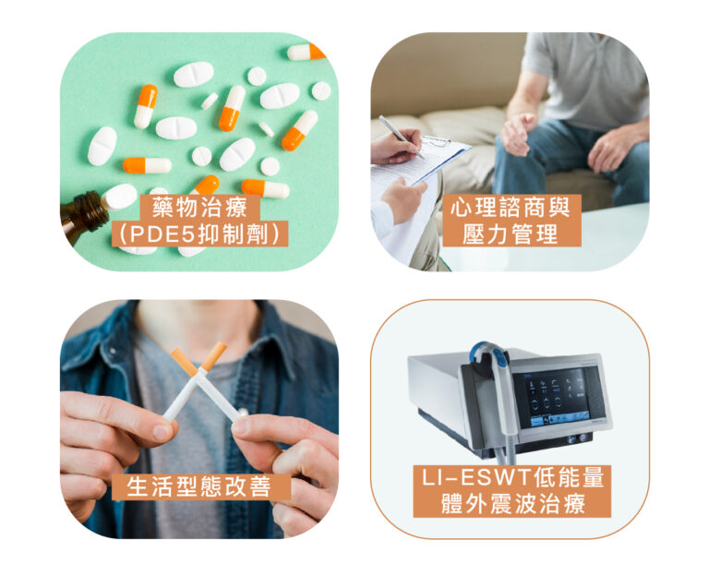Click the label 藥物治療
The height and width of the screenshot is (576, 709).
[199, 208]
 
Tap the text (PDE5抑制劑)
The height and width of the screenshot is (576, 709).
[199, 234]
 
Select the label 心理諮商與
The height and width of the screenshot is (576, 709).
[511, 208]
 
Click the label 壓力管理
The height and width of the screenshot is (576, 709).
[511, 234]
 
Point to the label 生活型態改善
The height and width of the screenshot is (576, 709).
[199, 487]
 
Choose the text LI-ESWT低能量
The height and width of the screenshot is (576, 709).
[512, 477]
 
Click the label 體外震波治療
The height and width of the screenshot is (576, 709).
[512, 504]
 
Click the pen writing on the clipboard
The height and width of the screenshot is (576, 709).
[401, 137]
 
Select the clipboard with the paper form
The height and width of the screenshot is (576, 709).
[421, 162]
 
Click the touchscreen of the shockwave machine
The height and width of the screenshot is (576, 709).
[559, 398]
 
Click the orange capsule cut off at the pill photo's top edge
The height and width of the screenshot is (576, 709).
[306, 52]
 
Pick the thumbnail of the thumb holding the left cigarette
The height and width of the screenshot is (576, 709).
[162, 431]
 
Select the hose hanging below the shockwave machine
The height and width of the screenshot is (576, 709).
[505, 452]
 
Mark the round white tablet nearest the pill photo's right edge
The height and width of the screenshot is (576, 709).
[321, 90]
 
